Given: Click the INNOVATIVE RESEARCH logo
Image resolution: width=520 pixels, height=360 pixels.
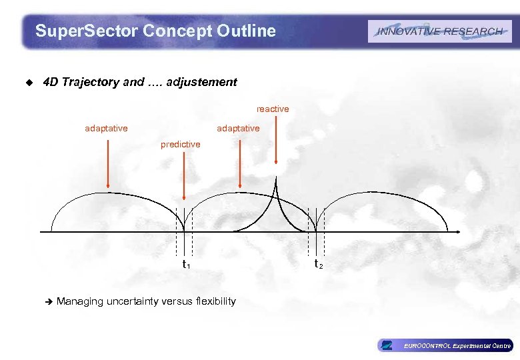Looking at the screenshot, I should [x=439, y=31].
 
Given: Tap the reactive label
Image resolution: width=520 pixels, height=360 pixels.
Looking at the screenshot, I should [x=273, y=109].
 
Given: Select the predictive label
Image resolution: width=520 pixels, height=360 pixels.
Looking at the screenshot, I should [x=180, y=144].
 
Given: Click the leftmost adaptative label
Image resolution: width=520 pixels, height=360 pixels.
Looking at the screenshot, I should [x=106, y=128].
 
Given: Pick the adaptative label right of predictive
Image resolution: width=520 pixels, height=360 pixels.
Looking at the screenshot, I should [x=238, y=128].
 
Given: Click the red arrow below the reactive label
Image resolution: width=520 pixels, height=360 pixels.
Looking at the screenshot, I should [x=276, y=140].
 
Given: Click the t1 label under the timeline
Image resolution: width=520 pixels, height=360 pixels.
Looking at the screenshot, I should [x=186, y=265].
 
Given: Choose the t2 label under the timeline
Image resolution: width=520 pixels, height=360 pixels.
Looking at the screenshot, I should [x=318, y=265].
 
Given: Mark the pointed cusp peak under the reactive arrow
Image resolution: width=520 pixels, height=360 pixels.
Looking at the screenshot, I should [x=277, y=180].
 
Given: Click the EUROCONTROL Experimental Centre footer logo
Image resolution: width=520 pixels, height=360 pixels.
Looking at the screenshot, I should [x=445, y=345].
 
